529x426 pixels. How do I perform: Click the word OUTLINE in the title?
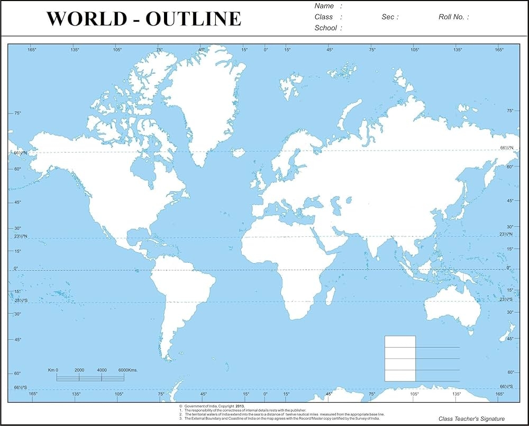pos(194,19)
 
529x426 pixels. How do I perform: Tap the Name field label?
pos(324,6)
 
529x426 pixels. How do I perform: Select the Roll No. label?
pos(451,17)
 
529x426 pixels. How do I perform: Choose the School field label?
pos(326,28)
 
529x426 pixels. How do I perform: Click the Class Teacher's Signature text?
pos(471,419)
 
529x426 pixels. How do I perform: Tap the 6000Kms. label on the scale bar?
pos(127,370)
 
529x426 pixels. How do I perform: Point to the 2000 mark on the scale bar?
pos(79,370)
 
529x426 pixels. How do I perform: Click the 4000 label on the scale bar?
pos(102,370)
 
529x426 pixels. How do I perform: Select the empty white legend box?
pos(400,358)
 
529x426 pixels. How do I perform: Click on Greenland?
pos(204,101)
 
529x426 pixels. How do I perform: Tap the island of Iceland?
pos(239,153)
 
